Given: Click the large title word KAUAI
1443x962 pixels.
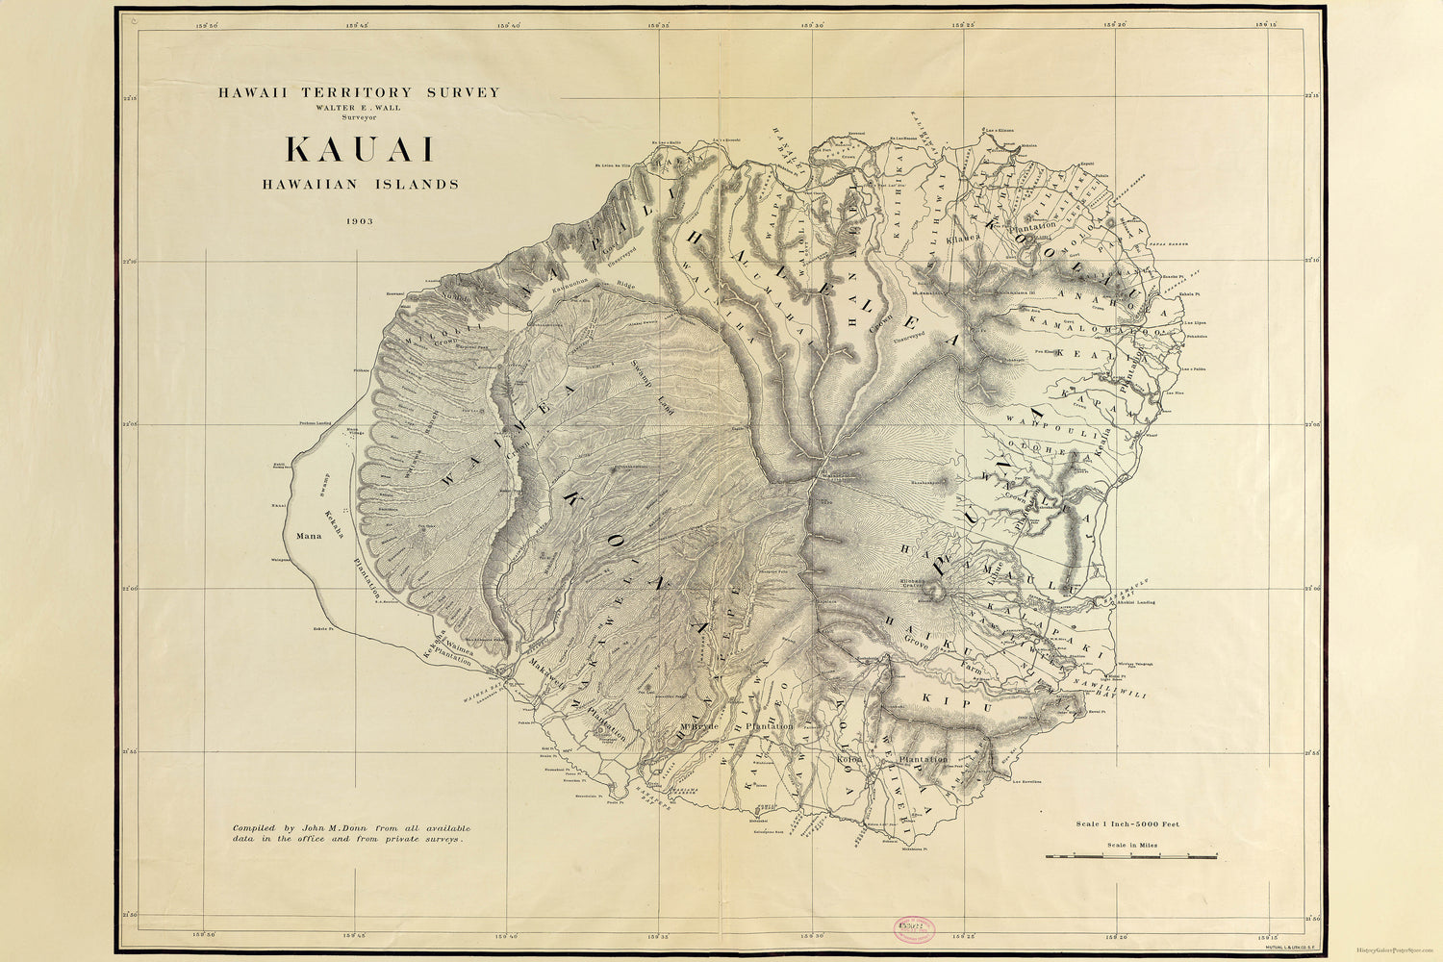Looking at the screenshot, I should (x=359, y=150).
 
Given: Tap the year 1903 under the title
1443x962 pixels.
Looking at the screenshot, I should (x=360, y=220).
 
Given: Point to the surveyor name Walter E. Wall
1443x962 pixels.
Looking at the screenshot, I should (x=359, y=108).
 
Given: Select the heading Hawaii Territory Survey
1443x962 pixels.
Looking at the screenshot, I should (x=359, y=92).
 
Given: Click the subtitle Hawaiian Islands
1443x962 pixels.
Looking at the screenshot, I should (x=360, y=184).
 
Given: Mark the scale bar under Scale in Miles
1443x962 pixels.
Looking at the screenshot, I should (x=1130, y=855).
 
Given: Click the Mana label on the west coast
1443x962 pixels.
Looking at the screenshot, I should (x=309, y=536).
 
